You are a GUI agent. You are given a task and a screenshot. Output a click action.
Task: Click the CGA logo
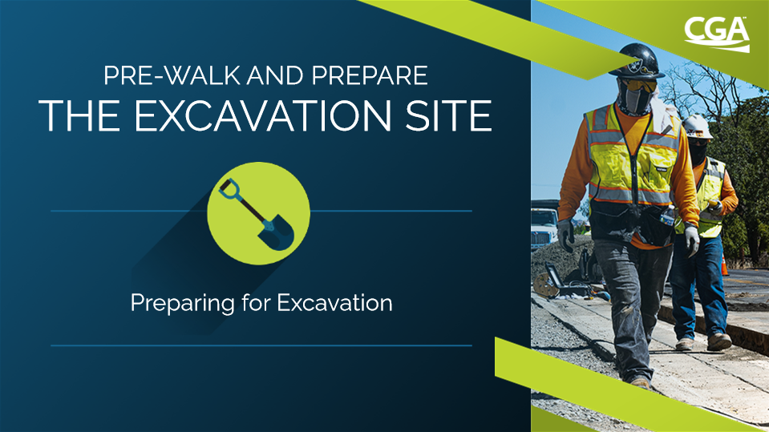click(x=717, y=34)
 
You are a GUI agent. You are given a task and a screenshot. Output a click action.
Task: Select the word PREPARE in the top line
click(x=370, y=75)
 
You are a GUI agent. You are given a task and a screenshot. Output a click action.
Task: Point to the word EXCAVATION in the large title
click(x=263, y=115)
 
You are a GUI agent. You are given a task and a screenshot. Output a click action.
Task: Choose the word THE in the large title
click(x=79, y=115)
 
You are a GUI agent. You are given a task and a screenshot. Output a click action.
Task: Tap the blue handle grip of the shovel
click(x=229, y=189)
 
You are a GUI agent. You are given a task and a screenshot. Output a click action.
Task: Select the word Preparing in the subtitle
click(x=183, y=304)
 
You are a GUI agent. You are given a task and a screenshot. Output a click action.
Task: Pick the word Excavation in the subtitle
click(x=334, y=302)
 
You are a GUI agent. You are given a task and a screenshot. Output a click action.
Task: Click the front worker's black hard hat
click(x=636, y=60)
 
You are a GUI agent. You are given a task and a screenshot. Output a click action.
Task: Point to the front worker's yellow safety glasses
click(x=639, y=87)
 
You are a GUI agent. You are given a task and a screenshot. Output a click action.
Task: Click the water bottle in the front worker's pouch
click(x=667, y=216)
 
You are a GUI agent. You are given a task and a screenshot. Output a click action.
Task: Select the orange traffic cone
click(x=724, y=264)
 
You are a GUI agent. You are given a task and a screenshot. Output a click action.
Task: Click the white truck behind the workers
click(x=544, y=225)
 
